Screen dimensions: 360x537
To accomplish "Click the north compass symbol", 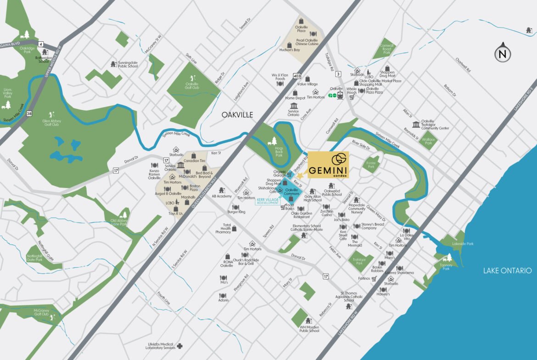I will [x=503, y=53].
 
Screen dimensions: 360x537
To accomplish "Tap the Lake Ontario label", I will [x=509, y=271].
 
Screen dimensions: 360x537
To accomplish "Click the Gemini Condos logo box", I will [x=328, y=166].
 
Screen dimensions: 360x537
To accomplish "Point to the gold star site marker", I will [x=300, y=176].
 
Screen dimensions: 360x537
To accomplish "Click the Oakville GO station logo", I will [x=333, y=96].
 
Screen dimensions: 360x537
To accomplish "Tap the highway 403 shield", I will [x=297, y=76].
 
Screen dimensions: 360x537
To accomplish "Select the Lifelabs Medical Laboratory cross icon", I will [x=180, y=346].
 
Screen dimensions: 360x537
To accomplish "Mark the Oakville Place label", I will [x=302, y=30].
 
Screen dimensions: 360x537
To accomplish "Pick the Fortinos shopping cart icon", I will [x=374, y=278].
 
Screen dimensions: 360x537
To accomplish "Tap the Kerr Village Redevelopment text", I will [x=268, y=201].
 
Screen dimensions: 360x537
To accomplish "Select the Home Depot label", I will [x=295, y=98].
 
